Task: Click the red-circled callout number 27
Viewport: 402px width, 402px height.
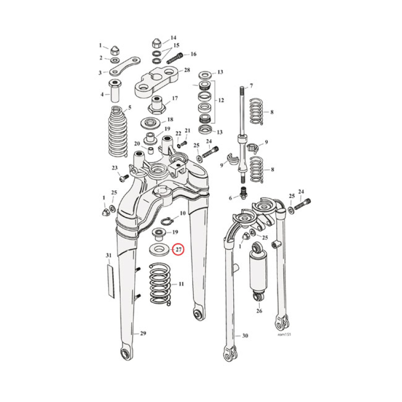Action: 178,249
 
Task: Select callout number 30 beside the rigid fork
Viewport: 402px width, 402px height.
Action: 245,336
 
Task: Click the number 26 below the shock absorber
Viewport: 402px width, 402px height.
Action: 259,311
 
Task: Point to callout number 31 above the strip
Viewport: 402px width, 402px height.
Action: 109,256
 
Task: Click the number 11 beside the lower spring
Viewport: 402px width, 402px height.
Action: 180,284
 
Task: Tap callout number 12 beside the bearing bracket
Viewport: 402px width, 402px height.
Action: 221,100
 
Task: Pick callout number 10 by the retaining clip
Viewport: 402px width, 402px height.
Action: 182,214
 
